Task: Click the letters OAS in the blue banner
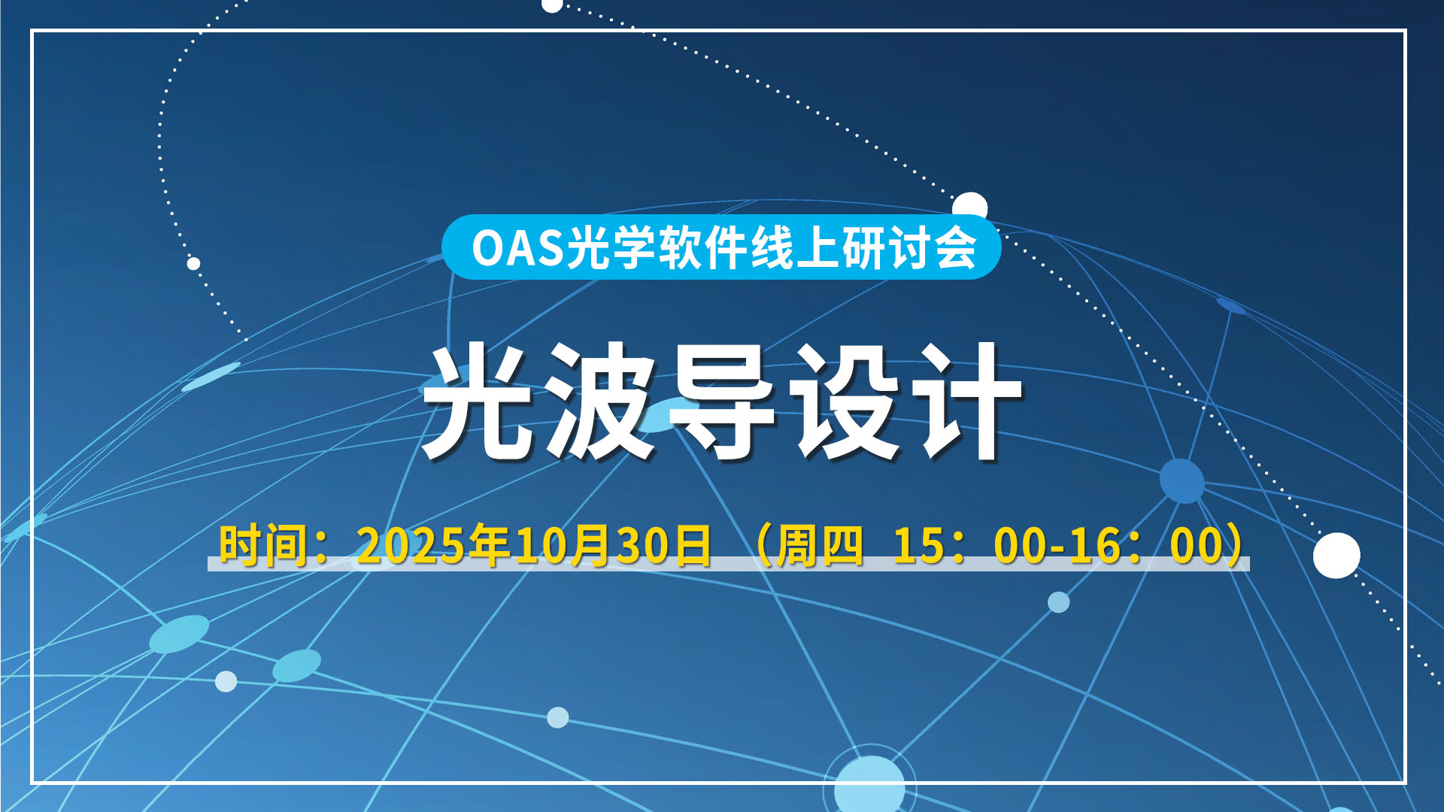point(517,247)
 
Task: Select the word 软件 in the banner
point(703,247)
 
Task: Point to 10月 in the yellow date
point(562,545)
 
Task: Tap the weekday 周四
point(820,545)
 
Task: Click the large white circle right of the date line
point(1336,556)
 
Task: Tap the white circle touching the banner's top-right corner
point(970,206)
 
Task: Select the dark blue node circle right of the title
point(1182,480)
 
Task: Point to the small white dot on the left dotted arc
point(193,263)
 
